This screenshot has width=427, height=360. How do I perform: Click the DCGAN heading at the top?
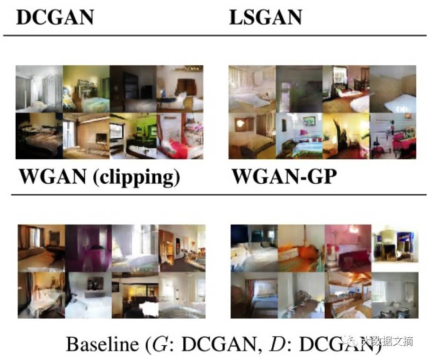pos(54,17)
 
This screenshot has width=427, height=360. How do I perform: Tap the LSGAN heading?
pos(265,17)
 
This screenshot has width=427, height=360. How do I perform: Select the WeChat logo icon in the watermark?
pos(351,342)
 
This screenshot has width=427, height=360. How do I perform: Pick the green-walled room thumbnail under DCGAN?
pos(133,135)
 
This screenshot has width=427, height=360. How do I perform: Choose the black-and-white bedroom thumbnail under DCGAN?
pos(39,89)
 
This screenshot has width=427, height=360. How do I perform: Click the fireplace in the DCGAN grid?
pos(101,138)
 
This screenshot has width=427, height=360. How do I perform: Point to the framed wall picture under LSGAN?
pos(308,120)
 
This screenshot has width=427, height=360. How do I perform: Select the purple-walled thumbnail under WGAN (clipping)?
pos(88,248)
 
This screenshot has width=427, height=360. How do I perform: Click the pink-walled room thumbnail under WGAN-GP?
pos(348,248)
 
